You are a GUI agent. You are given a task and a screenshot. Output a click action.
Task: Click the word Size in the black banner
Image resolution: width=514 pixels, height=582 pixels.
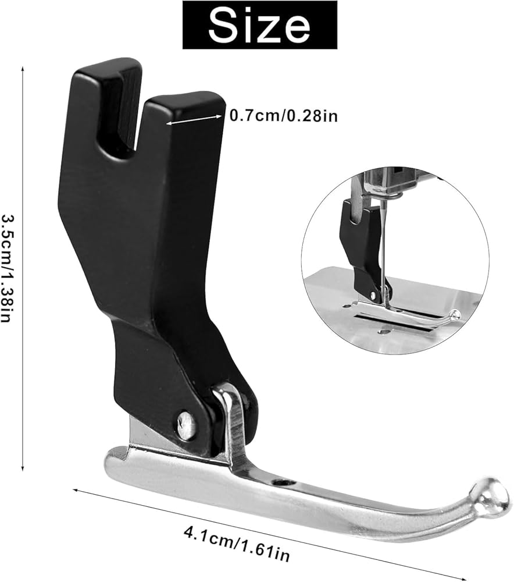[259, 24]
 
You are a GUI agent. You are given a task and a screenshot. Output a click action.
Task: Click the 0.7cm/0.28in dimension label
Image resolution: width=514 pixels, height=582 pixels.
[284, 116]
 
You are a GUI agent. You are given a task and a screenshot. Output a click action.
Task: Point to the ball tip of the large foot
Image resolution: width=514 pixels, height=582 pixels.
[491, 496]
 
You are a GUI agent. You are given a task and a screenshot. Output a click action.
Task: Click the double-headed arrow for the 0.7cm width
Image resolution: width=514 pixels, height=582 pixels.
[194, 119]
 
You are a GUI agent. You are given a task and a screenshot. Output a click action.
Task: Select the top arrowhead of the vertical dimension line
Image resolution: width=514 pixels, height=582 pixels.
[23, 68]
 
